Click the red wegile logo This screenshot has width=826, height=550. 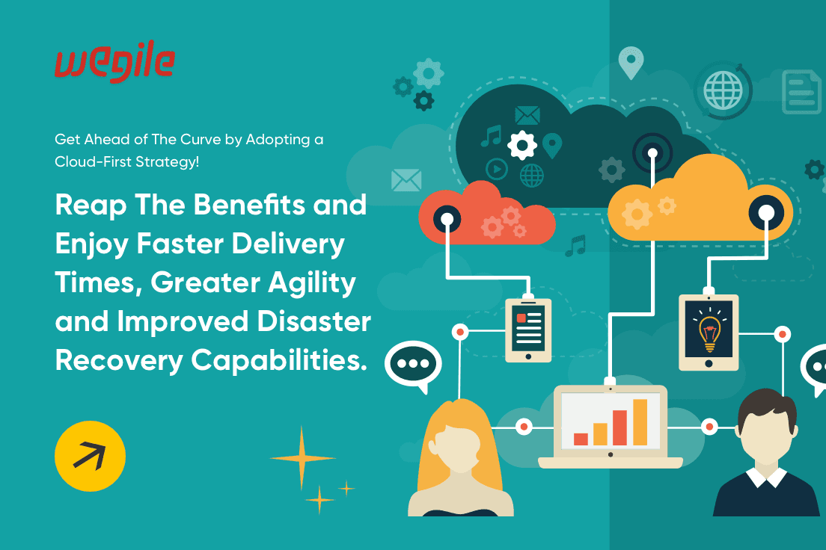tap(114, 64)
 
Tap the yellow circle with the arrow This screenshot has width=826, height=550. tap(90, 455)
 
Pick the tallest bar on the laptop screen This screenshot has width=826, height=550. tap(640, 421)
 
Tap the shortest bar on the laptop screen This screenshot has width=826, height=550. tap(581, 439)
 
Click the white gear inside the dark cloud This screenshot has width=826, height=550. tap(522, 144)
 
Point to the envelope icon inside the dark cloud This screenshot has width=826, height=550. tap(527, 116)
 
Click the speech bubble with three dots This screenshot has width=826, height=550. tap(412, 364)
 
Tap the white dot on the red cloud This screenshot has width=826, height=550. tap(448, 219)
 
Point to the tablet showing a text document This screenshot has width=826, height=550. tap(528, 329)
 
